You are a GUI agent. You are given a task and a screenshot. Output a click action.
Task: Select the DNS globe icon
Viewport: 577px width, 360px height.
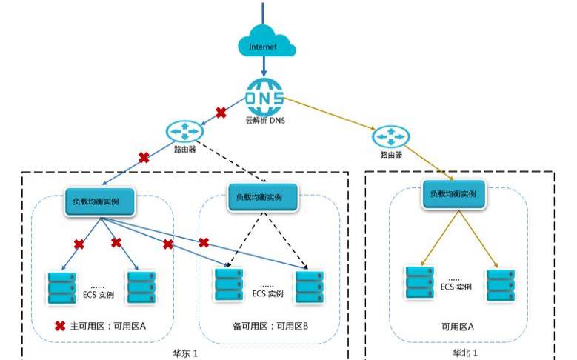click(264, 97)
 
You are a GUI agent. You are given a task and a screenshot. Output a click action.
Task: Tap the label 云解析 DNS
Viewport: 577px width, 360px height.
click(265, 120)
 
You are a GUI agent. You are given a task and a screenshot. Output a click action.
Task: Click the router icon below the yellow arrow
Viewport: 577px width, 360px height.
click(391, 137)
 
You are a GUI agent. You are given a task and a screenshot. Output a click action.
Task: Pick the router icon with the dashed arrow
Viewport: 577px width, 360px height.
click(184, 131)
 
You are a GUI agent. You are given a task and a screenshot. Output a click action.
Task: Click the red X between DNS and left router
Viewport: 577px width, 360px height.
click(221, 113)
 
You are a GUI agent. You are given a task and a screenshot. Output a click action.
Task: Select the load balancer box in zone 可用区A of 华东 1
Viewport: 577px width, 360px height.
click(100, 201)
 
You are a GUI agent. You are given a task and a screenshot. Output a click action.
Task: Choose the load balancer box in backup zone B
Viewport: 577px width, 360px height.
click(262, 197)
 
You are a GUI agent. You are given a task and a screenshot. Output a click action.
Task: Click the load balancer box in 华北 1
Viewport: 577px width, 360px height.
click(453, 194)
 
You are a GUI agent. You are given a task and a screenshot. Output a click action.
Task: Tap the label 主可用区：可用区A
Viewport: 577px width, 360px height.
click(108, 326)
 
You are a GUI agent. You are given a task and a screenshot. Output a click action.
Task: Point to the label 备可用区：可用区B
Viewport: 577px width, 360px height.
click(270, 326)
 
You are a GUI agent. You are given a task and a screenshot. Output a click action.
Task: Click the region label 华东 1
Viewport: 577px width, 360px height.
click(185, 353)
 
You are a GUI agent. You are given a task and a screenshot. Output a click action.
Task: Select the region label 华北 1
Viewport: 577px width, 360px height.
click(464, 353)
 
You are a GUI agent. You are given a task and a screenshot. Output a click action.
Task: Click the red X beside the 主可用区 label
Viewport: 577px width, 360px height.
click(60, 326)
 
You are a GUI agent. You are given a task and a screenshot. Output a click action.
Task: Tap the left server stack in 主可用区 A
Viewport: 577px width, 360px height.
click(62, 288)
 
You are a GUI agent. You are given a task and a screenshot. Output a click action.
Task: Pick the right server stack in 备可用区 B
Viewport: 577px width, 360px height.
click(310, 287)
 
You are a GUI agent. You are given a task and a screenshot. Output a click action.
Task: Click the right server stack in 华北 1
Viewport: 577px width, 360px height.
click(501, 286)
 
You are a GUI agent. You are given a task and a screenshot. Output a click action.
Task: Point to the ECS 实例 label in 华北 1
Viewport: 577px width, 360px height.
click(456, 287)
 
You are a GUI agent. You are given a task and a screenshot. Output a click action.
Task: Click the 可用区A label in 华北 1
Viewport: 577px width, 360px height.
click(458, 327)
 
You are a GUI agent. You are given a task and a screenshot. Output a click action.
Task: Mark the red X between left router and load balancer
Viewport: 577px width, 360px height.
click(144, 158)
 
